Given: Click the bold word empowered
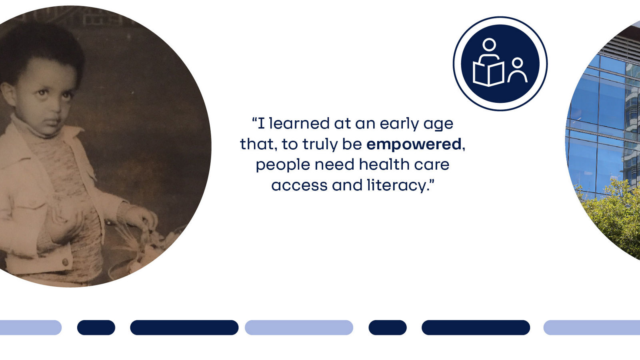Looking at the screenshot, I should tap(414, 144).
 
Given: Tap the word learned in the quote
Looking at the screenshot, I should tap(296, 124).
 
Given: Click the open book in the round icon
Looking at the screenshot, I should tap(488, 74).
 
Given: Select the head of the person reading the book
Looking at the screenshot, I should tap(489, 44).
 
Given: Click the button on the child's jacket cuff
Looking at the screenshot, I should tap(65, 262).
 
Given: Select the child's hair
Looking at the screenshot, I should tap(44, 44).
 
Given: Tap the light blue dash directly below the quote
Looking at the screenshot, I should tap(299, 328).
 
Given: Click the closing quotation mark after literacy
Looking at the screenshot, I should tap(432, 182).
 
